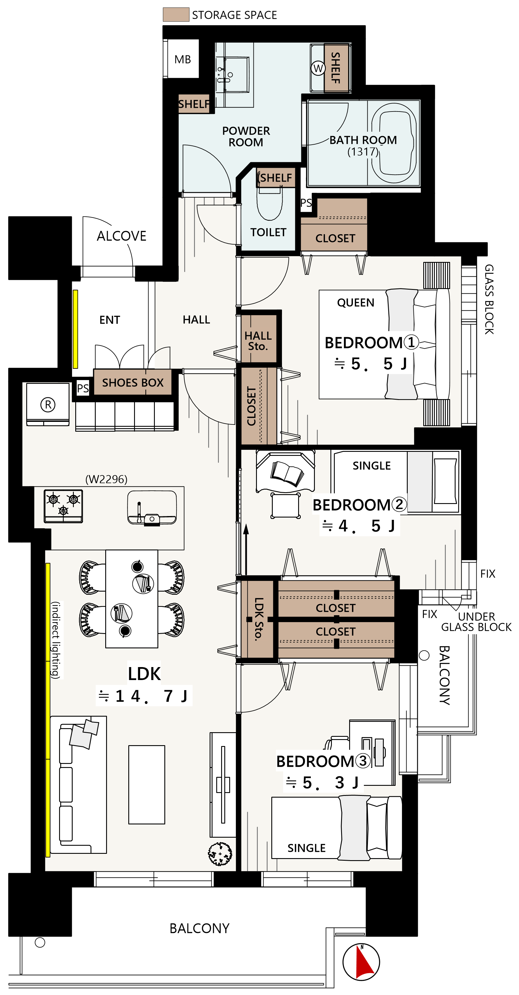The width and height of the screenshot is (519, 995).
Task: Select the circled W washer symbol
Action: pyautogui.click(x=318, y=68)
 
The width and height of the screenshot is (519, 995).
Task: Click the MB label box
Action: pyautogui.click(x=183, y=59)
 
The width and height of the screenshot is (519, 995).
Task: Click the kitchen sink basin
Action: pyautogui.click(x=152, y=507)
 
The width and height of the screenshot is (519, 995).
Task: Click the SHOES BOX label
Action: pyautogui.click(x=133, y=383)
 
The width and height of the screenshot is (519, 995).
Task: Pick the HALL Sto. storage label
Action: pyautogui.click(x=258, y=341)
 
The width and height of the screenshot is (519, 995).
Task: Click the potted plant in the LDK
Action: pyautogui.click(x=220, y=854)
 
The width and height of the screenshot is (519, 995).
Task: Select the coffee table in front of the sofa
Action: pyautogui.click(x=147, y=785)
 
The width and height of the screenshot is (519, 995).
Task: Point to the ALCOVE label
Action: pyautogui.click(x=122, y=236)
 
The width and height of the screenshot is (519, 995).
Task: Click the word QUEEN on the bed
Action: pyautogui.click(x=356, y=303)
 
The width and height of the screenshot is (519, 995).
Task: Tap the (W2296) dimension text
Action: pyautogui.click(x=106, y=479)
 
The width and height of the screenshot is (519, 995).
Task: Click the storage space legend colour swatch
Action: pyautogui.click(x=176, y=14)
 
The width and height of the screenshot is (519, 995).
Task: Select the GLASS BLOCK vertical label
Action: pyautogui.click(x=489, y=299)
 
